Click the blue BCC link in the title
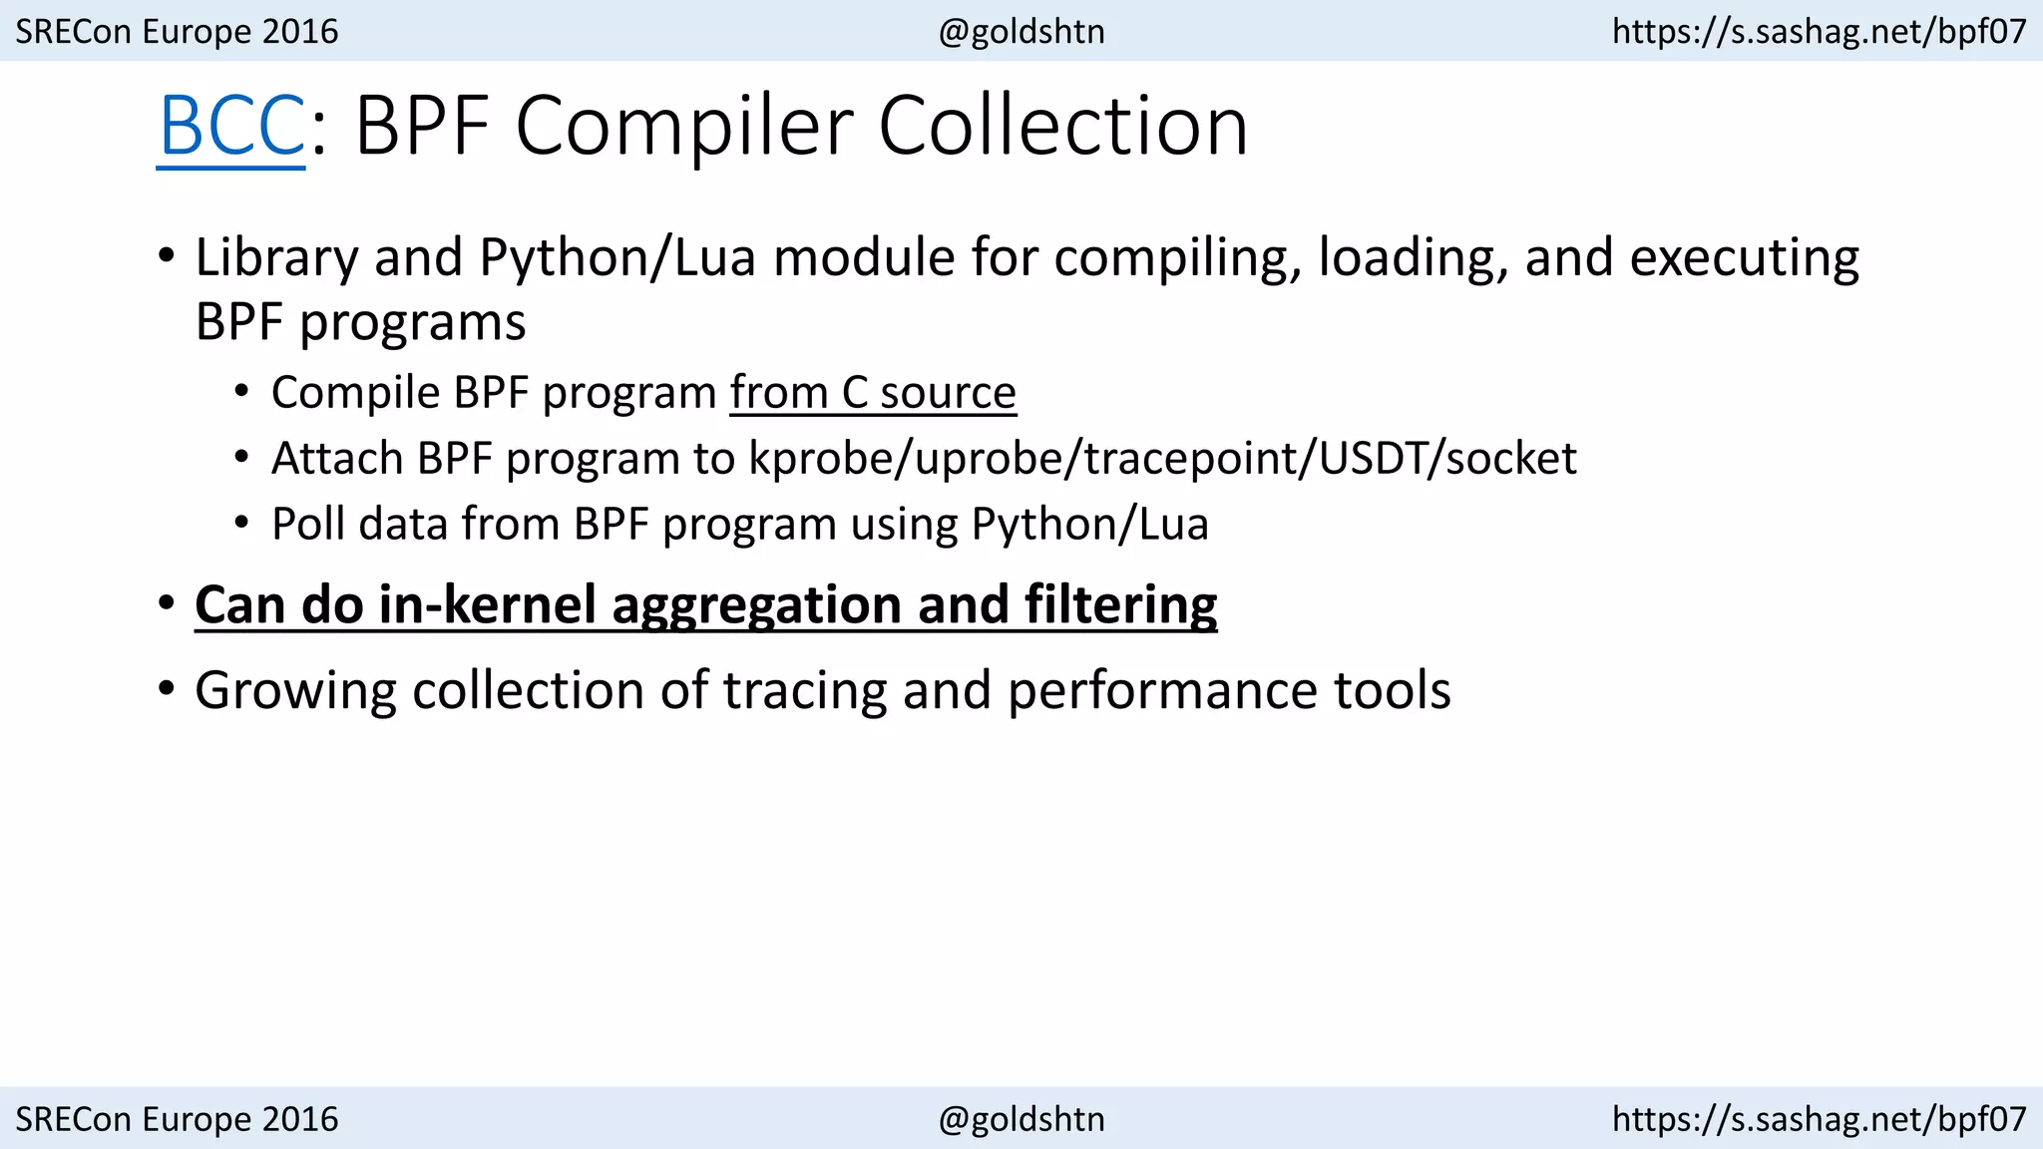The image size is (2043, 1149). pyautogui.click(x=231, y=127)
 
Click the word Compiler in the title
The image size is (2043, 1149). pyautogui.click(x=684, y=127)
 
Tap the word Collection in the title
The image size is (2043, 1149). pyautogui.click(x=1062, y=127)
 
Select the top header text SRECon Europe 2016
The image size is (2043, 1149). pyautogui.click(x=178, y=31)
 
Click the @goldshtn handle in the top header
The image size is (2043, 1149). pyautogui.click(x=1021, y=31)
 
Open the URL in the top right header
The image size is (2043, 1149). pyautogui.click(x=1820, y=31)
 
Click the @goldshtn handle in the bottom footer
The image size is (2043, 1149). pyautogui.click(x=1021, y=1119)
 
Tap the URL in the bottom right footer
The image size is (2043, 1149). pyautogui.click(x=1820, y=1119)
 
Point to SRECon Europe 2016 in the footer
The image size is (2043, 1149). pyautogui.click(x=178, y=1119)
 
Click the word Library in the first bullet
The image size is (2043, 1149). pyautogui.click(x=276, y=257)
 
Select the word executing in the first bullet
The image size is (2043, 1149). pyautogui.click(x=1745, y=257)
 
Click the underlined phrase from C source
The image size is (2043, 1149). pyautogui.click(x=873, y=392)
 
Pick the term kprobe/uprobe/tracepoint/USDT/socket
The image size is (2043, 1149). pyautogui.click(x=1163, y=459)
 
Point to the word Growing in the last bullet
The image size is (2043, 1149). pyautogui.click(x=295, y=690)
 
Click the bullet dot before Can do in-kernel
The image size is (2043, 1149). pyautogui.click(x=166, y=603)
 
